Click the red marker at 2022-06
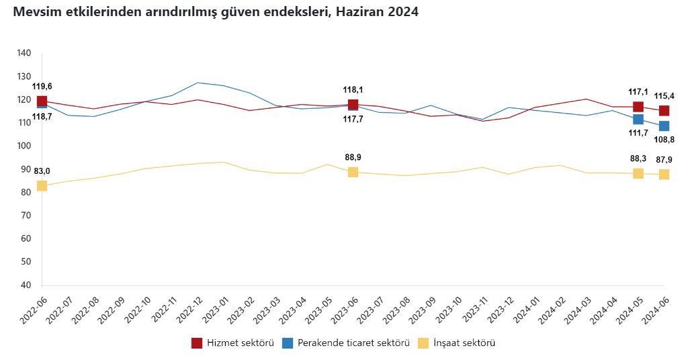coord(42,101)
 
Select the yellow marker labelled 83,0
coord(42,185)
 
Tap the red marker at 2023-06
coord(353,104)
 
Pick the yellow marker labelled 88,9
coord(353,172)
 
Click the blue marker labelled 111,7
coord(638,119)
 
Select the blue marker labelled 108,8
coord(664,126)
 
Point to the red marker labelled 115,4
coord(664,111)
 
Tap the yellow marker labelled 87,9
coord(664,174)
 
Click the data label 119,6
coord(42,87)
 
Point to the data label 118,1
coord(353,89)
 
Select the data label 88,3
coord(638,159)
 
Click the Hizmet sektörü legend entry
coord(232,343)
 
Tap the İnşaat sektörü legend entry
coord(457,343)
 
